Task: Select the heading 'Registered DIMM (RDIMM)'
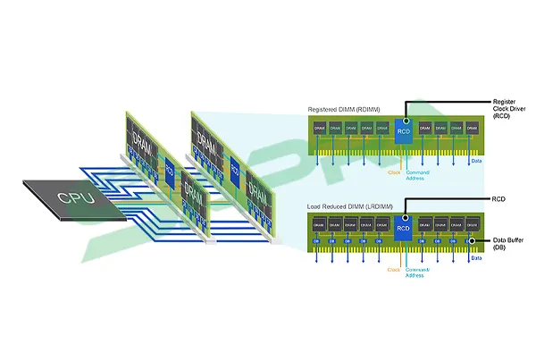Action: click(343, 108)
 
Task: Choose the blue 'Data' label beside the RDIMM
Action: click(475, 162)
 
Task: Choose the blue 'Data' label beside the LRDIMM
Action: click(475, 257)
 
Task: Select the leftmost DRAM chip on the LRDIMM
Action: click(320, 227)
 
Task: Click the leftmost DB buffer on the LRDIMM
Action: click(320, 240)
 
